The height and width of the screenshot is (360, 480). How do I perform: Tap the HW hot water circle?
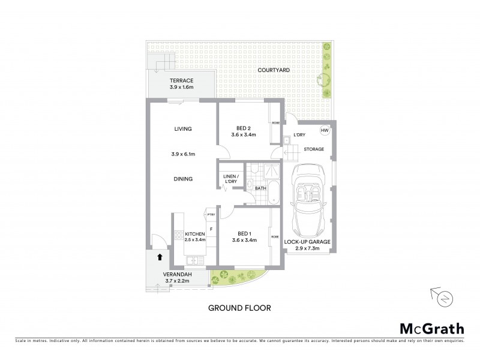click(325, 131)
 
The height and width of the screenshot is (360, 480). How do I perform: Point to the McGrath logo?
click(431, 328)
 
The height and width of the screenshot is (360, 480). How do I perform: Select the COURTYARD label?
click(274, 70)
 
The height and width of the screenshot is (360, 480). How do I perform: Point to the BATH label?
click(260, 188)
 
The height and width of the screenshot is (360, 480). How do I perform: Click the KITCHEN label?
click(195, 233)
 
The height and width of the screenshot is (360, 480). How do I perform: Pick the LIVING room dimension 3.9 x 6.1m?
click(183, 154)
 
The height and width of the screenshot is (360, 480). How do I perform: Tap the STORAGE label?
click(313, 149)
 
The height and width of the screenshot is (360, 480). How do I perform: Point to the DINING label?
click(183, 178)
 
